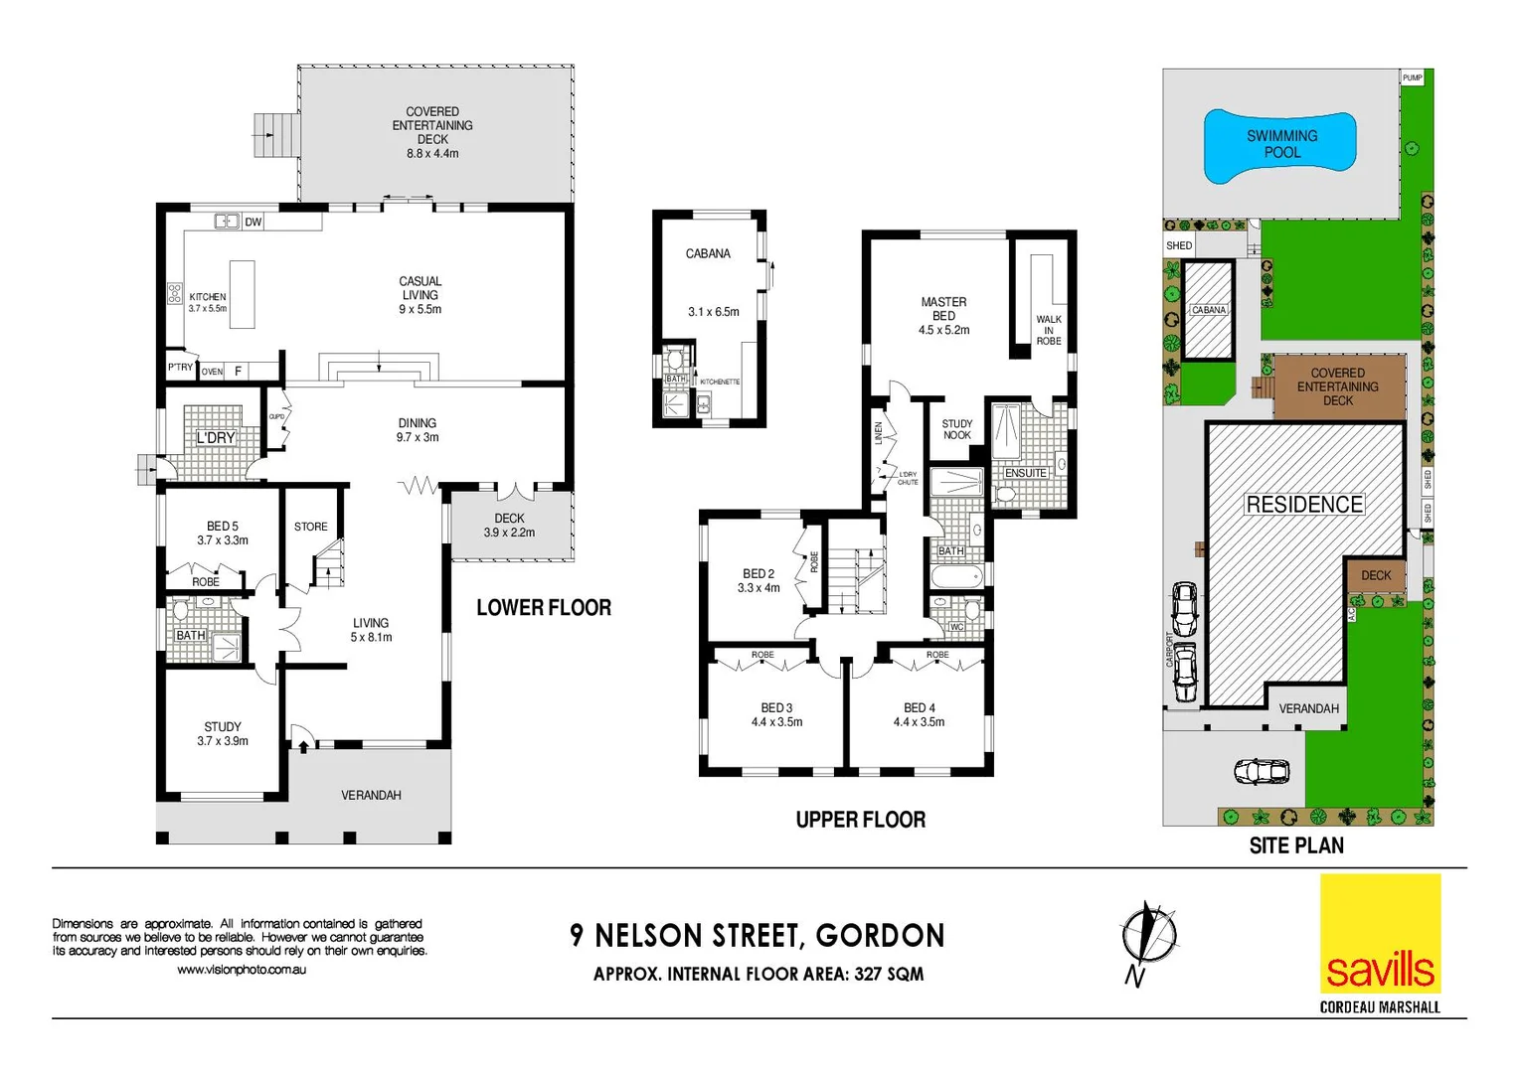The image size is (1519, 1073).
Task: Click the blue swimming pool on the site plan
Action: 1280,145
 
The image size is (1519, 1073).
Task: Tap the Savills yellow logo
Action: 1380,934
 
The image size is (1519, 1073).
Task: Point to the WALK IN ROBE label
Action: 1049,330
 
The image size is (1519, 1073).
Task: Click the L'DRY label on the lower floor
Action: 216,438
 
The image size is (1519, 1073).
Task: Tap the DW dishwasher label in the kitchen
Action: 253,223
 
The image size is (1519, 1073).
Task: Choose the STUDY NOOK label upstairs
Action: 957,429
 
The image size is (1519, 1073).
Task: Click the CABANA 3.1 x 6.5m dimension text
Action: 714,312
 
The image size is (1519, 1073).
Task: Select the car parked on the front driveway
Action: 1261,771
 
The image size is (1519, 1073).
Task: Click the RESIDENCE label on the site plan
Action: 1304,505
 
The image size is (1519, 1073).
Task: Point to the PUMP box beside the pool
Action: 1413,77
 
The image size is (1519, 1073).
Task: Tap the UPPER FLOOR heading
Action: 860,820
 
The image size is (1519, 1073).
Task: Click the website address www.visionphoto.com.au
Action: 242,970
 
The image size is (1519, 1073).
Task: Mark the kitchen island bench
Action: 242,294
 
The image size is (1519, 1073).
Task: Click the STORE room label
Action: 311,527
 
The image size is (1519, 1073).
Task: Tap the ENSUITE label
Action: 1026,473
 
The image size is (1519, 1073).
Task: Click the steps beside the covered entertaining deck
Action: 277,135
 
